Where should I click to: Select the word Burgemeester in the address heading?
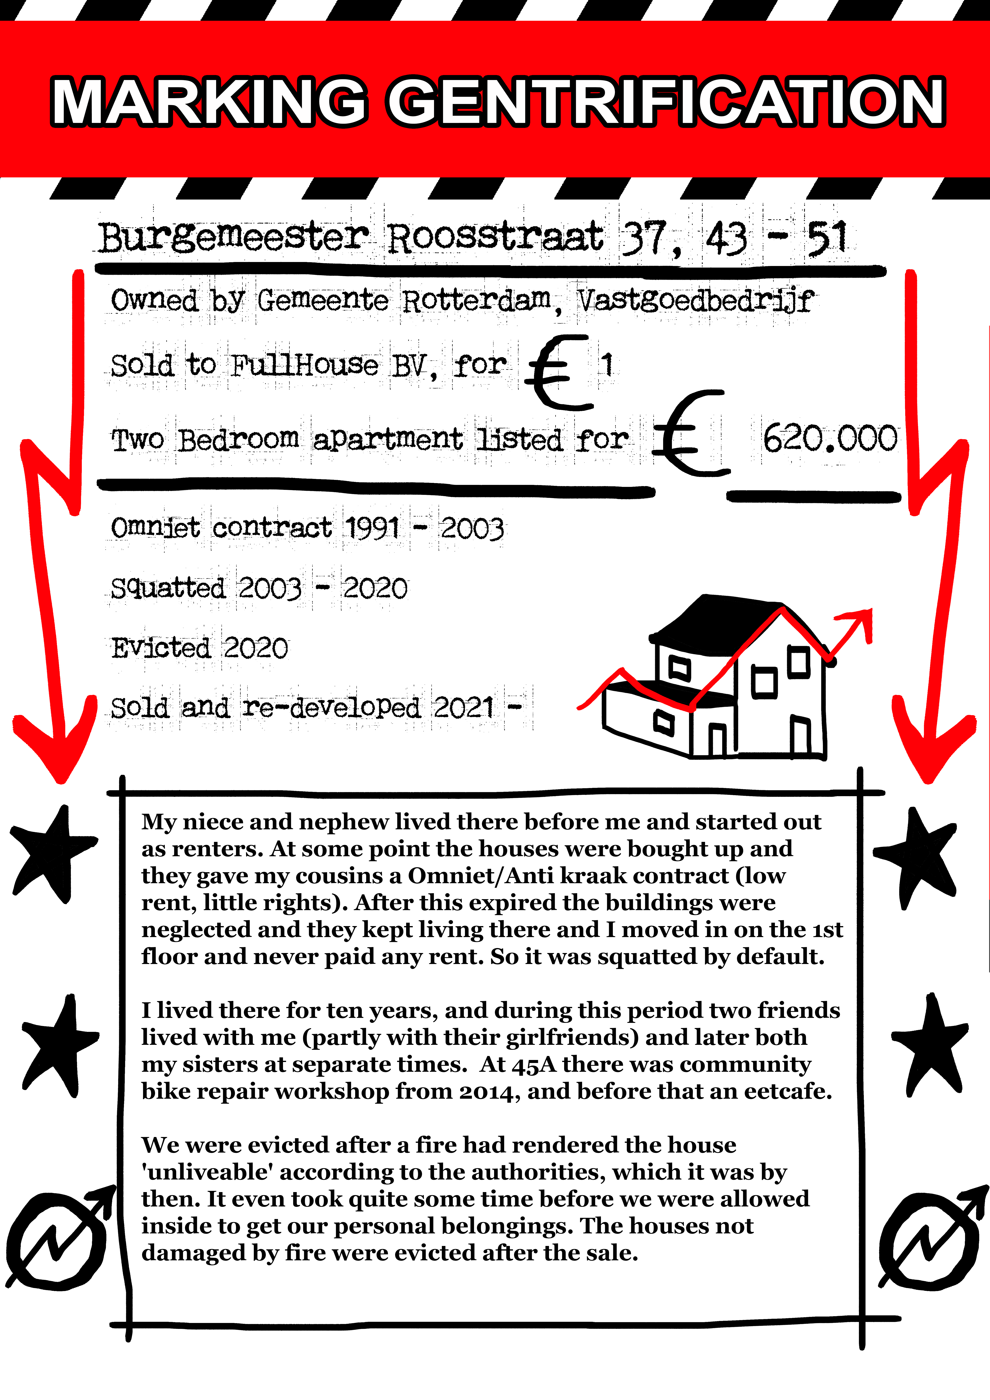coord(234,238)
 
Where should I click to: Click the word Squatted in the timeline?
coord(168,588)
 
